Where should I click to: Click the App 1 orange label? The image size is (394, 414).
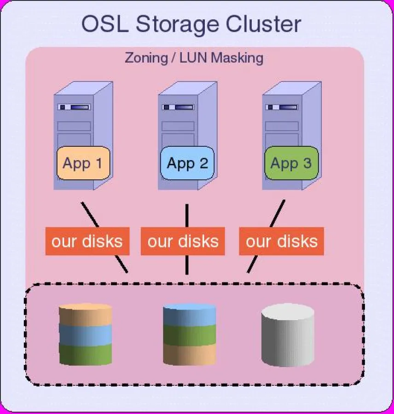click(83, 163)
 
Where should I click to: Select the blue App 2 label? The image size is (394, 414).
click(187, 163)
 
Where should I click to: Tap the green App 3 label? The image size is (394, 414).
click(291, 163)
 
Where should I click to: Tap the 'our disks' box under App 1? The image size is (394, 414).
click(87, 241)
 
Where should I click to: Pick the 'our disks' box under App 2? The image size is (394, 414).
click(183, 241)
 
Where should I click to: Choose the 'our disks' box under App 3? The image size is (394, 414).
click(281, 241)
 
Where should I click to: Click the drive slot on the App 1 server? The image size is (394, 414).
click(74, 107)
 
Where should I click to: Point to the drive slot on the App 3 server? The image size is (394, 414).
click(282, 107)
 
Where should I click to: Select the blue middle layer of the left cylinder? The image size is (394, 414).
click(86, 334)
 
